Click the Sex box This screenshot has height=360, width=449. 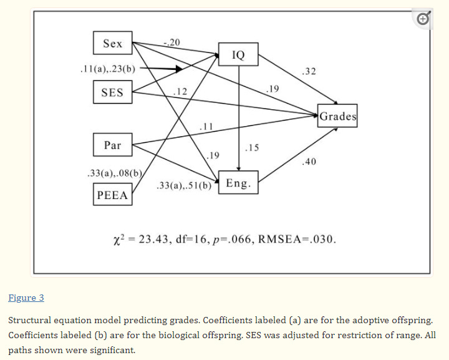(113, 44)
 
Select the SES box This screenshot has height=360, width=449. (112, 94)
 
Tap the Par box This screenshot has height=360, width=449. (113, 145)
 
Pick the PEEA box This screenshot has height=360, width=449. (113, 195)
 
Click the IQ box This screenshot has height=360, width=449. (238, 55)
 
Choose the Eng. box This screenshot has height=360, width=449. (238, 183)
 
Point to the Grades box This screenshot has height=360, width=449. (338, 116)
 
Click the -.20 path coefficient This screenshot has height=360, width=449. (171, 42)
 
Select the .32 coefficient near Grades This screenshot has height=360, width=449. (307, 72)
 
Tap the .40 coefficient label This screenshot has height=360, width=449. (308, 162)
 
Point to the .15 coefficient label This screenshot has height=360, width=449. (252, 148)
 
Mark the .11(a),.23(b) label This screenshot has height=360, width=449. (109, 69)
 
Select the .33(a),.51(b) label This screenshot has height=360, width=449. (184, 185)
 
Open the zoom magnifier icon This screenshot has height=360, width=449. (423, 19)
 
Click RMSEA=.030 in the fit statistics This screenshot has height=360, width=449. (299, 240)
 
